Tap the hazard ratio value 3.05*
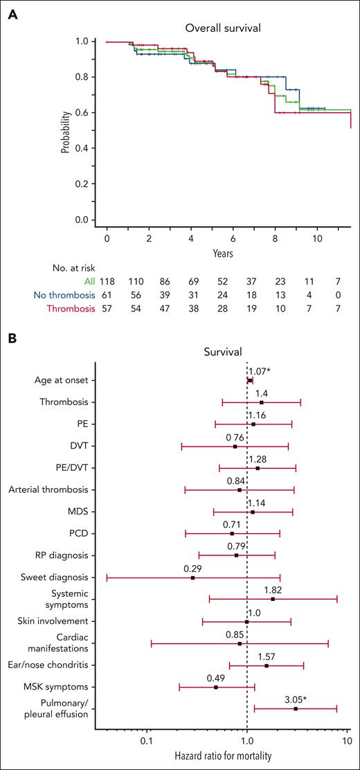coord(297,698)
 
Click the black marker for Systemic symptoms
coord(273,599)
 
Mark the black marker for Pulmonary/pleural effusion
coord(296,708)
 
